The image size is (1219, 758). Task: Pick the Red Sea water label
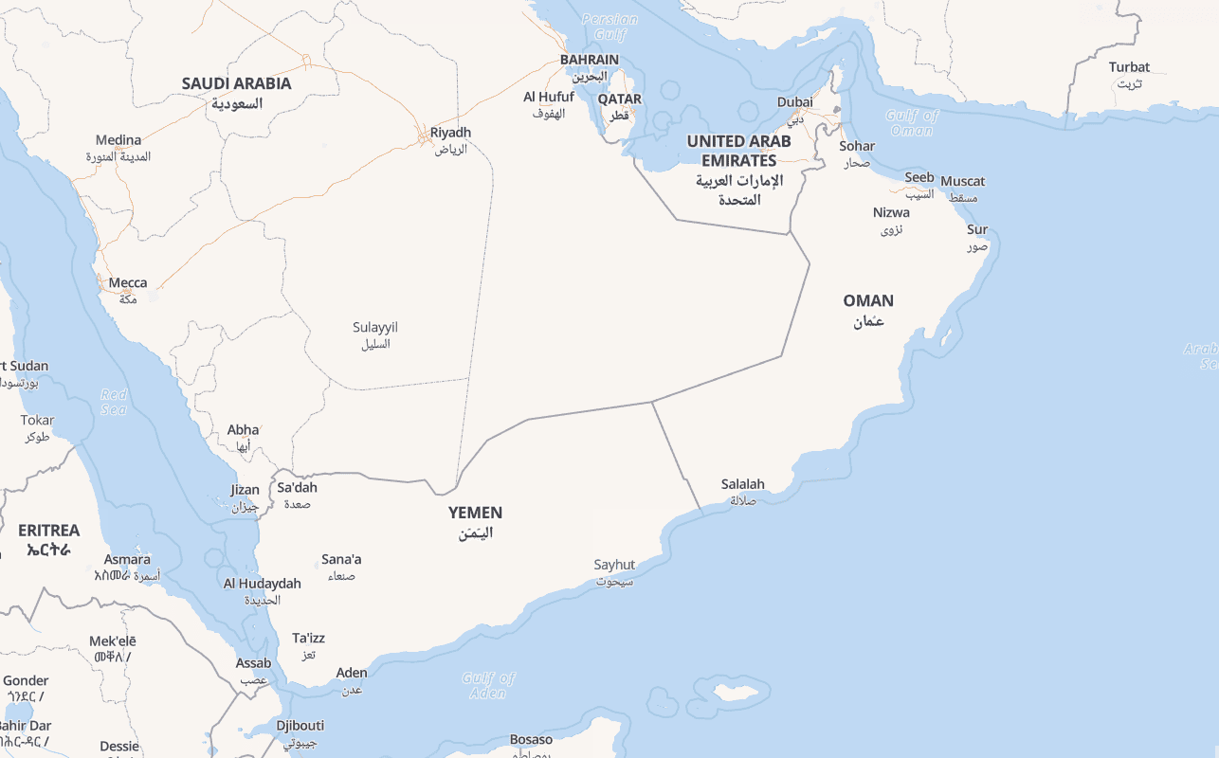click(114, 402)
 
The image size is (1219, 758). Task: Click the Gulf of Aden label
click(488, 685)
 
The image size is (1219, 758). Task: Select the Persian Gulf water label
click(609, 27)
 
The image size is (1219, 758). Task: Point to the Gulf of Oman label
click(912, 123)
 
